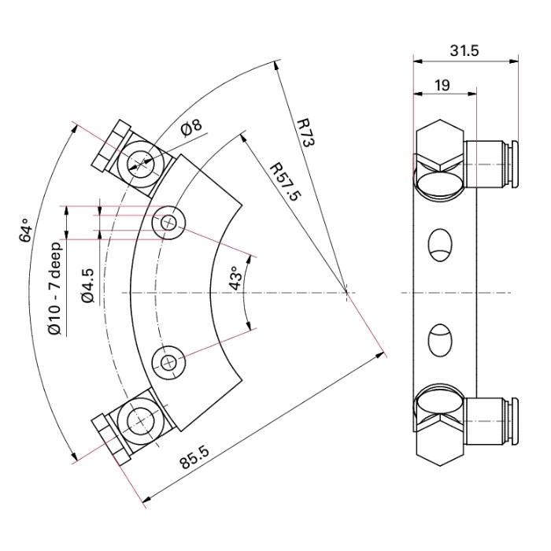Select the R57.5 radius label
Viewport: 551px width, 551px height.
(x=286, y=183)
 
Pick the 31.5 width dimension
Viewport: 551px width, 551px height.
(x=466, y=50)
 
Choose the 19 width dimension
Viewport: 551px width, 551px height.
(x=442, y=85)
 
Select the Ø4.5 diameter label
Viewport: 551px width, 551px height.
(x=88, y=285)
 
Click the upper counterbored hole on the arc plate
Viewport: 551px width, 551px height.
(x=168, y=223)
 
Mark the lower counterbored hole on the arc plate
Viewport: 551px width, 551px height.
(x=168, y=362)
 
